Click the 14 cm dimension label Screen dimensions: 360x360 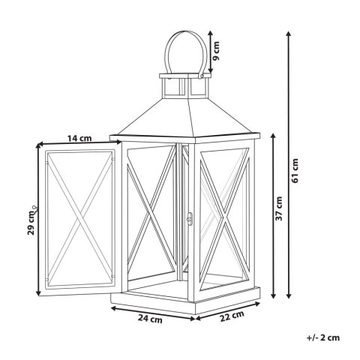(x=79, y=138)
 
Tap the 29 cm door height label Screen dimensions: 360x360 (x=31, y=223)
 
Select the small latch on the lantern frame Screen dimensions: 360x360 (x=190, y=219)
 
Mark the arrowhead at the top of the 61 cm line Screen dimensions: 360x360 (x=289, y=33)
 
